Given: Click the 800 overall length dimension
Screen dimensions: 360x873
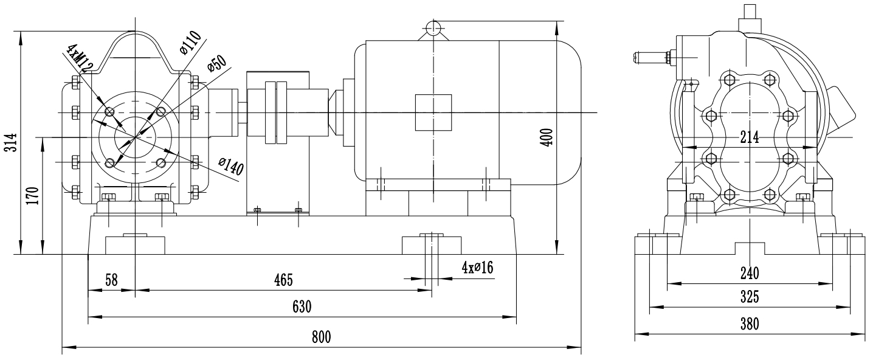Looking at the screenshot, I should [x=322, y=338].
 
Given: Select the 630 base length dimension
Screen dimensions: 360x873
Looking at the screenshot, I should [x=302, y=306].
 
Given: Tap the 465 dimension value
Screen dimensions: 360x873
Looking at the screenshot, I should [x=283, y=280].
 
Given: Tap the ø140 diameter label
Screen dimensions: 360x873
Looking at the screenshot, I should [x=231, y=166].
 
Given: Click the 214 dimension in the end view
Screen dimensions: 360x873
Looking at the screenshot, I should [x=749, y=138].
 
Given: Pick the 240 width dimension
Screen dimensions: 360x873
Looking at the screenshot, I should [x=749, y=272].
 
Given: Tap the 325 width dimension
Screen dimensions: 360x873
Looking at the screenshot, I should [x=749, y=298].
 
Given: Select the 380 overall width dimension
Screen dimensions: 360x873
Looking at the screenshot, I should [x=749, y=324].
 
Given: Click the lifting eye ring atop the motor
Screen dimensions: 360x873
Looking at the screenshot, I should [x=432, y=27].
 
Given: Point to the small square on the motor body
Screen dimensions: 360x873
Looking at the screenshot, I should [x=433, y=112].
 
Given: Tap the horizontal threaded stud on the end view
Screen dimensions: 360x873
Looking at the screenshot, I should [x=650, y=58].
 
